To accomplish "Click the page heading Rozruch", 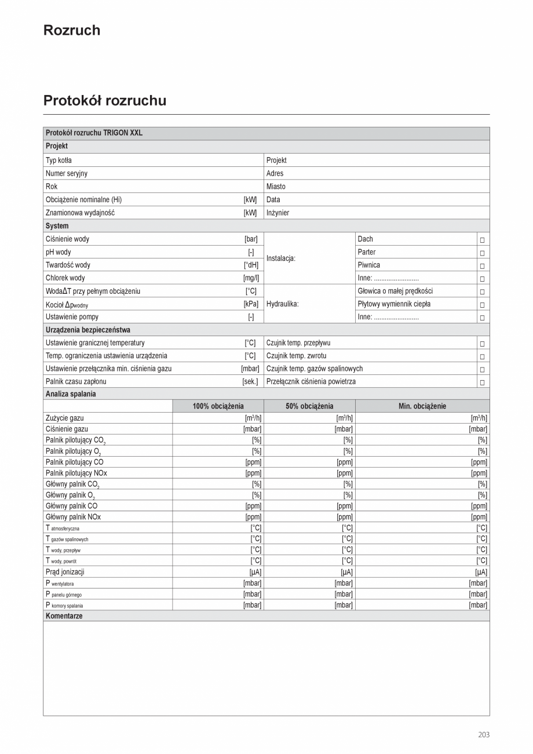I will tap(71, 30).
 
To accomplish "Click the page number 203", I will tap(484, 734).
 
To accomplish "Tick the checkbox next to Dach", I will tap(482, 239).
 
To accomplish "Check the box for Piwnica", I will tap(482, 265).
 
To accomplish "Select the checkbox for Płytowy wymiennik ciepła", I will tap(482, 304).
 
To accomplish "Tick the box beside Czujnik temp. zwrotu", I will tap(482, 356).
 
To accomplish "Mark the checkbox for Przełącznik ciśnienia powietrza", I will tap(482, 382).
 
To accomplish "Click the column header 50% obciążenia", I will tap(309, 406).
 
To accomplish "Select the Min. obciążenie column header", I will tap(422, 406).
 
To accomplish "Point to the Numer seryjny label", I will tap(66, 173).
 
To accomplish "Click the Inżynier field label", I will tap(278, 213).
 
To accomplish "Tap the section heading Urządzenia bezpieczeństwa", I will tap(87, 330).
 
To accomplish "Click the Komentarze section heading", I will tap(64, 616).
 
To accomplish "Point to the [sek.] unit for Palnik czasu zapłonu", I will tap(250, 381).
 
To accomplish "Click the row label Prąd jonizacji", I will tap(64, 572).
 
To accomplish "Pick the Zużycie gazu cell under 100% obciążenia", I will tap(218, 418).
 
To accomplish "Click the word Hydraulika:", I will tap(282, 304).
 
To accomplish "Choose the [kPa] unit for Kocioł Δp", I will tap(251, 304).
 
